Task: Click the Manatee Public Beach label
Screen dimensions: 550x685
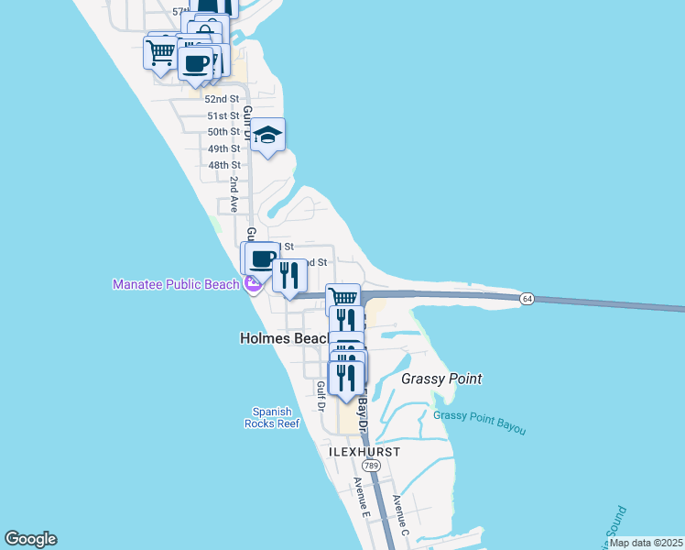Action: pos(175,284)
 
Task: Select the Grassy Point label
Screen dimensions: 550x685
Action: pos(441,379)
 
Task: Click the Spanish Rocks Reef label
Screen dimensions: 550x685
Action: pos(272,417)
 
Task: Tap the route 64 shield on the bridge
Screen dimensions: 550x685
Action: pos(527,299)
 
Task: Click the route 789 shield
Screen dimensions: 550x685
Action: pos(371,466)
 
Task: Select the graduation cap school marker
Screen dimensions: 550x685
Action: pos(266,136)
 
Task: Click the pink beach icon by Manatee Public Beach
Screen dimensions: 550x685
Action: pos(253,285)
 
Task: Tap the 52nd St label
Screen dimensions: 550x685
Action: pos(222,99)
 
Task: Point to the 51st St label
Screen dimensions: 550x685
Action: pos(223,115)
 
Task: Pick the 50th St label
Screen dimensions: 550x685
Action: pos(223,132)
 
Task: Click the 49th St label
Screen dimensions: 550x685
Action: pos(223,148)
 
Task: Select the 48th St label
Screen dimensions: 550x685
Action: pos(223,165)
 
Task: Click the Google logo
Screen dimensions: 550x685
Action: pos(30,539)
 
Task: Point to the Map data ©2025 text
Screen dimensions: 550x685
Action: pos(645,543)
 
